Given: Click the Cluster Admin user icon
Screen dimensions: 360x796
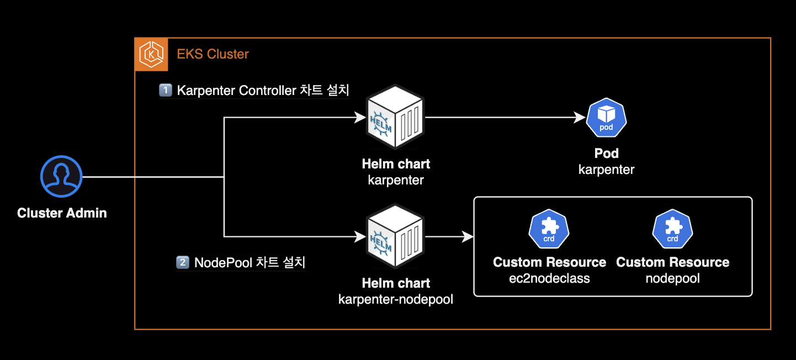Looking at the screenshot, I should [x=61, y=176].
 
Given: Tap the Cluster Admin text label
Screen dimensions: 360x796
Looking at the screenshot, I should [x=62, y=213].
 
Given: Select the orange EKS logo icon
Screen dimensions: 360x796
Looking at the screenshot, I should [x=151, y=54].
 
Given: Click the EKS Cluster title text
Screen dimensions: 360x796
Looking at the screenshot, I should [x=213, y=54].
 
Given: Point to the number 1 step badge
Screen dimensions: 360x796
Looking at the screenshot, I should [x=165, y=90].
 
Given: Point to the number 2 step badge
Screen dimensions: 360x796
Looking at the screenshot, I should [x=182, y=262].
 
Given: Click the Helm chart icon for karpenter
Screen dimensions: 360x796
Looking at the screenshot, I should [x=395, y=118].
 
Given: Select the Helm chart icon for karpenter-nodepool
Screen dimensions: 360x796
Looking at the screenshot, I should [x=395, y=237].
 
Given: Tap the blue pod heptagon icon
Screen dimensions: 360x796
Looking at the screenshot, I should [x=606, y=118].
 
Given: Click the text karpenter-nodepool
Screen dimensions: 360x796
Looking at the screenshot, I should [x=396, y=299].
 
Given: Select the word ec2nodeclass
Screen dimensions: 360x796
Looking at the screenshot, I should [x=549, y=278].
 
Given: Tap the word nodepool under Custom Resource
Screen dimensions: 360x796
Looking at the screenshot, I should [x=672, y=278].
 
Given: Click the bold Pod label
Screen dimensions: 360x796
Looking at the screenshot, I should [x=606, y=153].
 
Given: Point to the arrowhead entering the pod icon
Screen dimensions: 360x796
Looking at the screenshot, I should [x=580, y=118].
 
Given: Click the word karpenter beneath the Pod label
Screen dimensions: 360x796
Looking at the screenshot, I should [x=606, y=170].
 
